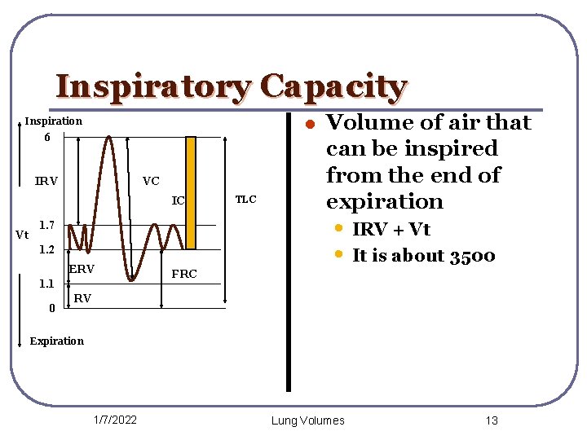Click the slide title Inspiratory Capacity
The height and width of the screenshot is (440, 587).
pyautogui.click(x=231, y=86)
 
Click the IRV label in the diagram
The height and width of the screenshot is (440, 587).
pyautogui.click(x=46, y=181)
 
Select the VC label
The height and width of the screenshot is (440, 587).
pyautogui.click(x=151, y=181)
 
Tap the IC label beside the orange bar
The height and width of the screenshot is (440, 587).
pyautogui.click(x=179, y=200)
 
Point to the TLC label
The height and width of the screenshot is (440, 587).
pyautogui.click(x=245, y=199)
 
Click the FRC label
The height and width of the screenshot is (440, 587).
pyautogui.click(x=184, y=274)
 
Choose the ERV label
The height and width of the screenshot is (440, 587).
pyautogui.click(x=82, y=269)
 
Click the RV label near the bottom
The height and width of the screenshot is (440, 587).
pyautogui.click(x=82, y=299)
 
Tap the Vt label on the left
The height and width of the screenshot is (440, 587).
pyautogui.click(x=24, y=235)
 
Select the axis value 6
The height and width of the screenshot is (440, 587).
pyautogui.click(x=47, y=138)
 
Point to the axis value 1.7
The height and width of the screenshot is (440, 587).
pyautogui.click(x=47, y=224)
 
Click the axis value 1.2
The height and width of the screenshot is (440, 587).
pyautogui.click(x=47, y=249)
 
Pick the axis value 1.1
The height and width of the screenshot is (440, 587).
pyautogui.click(x=47, y=284)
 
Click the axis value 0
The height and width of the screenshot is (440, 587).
pyautogui.click(x=51, y=308)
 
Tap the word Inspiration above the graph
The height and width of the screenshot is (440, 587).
pyautogui.click(x=53, y=121)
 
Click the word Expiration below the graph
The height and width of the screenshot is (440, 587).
pyautogui.click(x=56, y=341)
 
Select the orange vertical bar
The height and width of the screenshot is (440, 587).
pyautogui.click(x=192, y=192)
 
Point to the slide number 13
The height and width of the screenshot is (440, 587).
pyautogui.click(x=491, y=420)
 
